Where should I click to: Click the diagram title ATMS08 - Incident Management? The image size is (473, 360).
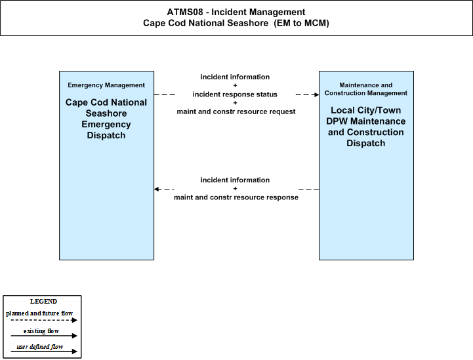click(x=236, y=12)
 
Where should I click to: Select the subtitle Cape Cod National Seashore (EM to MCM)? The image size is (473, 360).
click(x=236, y=23)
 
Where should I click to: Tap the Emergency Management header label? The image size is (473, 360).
click(x=106, y=85)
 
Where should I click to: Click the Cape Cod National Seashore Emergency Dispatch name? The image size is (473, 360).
click(x=106, y=119)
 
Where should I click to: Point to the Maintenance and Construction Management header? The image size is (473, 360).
click(x=366, y=89)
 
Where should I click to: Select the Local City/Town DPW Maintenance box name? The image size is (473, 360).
click(x=366, y=127)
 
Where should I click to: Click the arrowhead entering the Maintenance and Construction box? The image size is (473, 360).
click(x=317, y=94)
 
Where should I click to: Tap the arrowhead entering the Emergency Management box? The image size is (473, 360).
click(x=156, y=189)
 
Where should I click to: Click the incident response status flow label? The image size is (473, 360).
click(x=235, y=94)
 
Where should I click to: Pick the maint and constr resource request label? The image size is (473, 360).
click(x=236, y=111)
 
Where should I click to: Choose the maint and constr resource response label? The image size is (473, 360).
click(x=236, y=197)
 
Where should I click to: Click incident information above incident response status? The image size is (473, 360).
click(x=235, y=77)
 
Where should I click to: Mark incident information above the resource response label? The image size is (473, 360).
click(x=235, y=180)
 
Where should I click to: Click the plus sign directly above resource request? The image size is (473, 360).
click(x=235, y=103)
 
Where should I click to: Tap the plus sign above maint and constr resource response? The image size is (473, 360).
click(x=235, y=188)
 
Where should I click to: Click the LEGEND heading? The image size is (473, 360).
click(x=43, y=302)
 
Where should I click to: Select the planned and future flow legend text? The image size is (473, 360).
click(x=39, y=313)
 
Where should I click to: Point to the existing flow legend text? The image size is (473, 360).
click(x=41, y=331)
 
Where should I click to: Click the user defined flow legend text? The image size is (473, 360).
click(x=40, y=347)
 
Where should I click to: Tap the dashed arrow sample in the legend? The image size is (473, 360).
click(x=44, y=320)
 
